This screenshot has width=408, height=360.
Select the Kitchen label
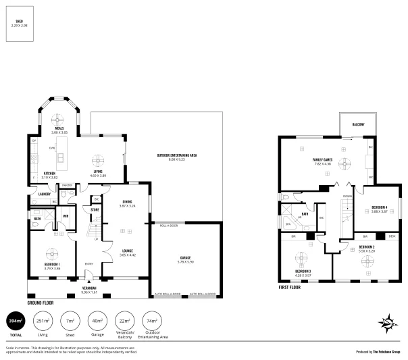[49, 173]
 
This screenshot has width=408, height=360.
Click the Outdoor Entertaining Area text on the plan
[176, 156]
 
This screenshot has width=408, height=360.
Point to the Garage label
[184, 259]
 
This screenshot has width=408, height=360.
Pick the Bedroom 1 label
[52, 264]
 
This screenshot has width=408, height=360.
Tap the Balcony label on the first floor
[359, 124]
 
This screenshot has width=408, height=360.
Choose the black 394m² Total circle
[14, 320]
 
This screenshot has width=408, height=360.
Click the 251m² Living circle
[42, 320]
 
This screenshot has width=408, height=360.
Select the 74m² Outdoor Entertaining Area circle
[151, 320]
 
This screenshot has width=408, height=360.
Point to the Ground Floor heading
[40, 303]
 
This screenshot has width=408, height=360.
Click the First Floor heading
[292, 287]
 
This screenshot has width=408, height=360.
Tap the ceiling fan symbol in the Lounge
[122, 231]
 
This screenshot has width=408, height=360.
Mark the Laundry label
[45, 195]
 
